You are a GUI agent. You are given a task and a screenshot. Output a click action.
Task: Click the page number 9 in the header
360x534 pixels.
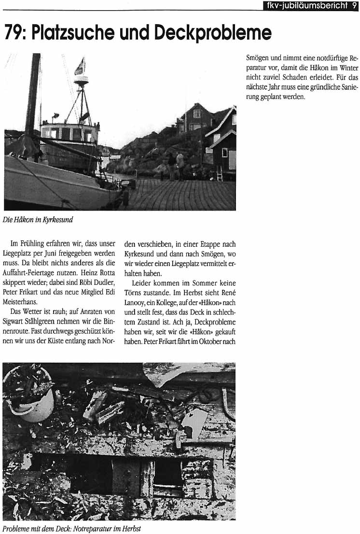(x=354, y=5)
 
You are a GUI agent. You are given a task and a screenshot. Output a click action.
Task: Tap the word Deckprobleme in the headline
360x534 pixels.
(x=213, y=33)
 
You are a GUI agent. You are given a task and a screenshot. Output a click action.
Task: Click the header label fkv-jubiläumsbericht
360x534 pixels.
(x=306, y=5)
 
